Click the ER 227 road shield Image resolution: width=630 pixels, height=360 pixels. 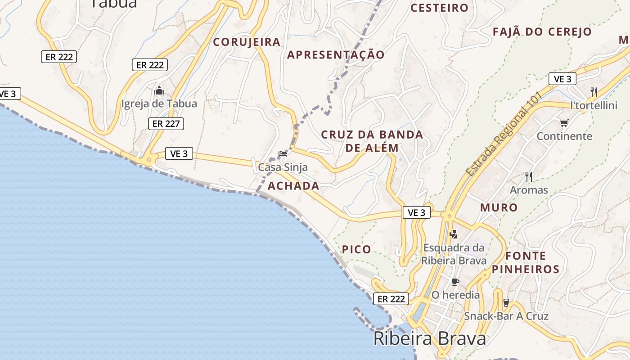[166, 123]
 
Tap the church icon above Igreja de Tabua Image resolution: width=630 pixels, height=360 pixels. [159, 91]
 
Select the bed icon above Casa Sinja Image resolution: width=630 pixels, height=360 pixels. [283, 154]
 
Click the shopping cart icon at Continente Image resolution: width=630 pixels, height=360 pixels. [564, 123]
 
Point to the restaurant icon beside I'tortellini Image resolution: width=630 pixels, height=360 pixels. [594, 92]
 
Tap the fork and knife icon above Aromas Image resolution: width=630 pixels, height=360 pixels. [529, 177]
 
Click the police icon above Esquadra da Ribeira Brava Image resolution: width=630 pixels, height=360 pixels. [454, 234]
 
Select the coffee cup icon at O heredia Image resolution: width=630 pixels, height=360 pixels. [455, 282]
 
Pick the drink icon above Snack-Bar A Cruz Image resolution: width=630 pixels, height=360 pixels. [506, 303]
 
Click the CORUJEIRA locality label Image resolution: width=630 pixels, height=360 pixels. [247, 42]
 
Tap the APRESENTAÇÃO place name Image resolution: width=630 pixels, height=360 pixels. [336, 55]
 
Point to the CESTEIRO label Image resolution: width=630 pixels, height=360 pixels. [439, 8]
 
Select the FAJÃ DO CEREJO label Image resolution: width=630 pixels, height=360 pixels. [542, 32]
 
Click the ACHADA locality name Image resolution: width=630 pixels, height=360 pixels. [293, 186]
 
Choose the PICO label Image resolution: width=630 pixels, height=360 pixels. [356, 249]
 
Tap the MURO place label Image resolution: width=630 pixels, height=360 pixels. [499, 207]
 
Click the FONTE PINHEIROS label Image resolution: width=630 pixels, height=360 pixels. [525, 263]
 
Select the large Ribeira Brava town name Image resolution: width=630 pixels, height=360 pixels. [430, 339]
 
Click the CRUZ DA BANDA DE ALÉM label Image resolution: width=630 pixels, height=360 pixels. [372, 141]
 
